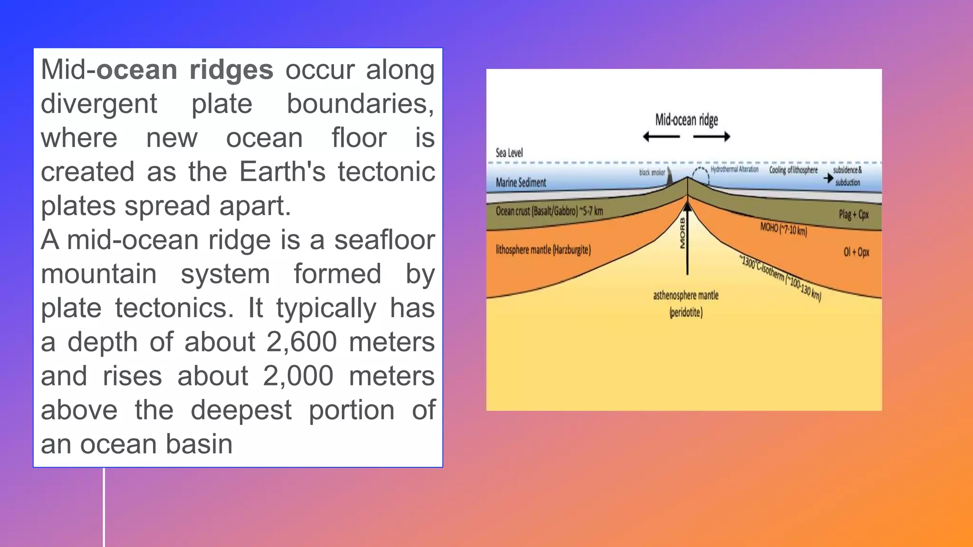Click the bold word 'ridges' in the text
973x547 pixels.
pyautogui.click(x=231, y=70)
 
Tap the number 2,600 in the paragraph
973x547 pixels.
pyautogui.click(x=302, y=342)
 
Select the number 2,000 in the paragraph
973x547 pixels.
pyautogui.click(x=298, y=376)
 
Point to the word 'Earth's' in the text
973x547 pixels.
pyautogui.click(x=282, y=172)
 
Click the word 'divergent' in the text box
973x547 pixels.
pyautogui.click(x=99, y=104)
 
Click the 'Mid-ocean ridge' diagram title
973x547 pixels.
pyautogui.click(x=686, y=120)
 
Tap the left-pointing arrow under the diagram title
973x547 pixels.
pyautogui.click(x=661, y=137)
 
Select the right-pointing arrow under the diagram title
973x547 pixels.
pyautogui.click(x=712, y=137)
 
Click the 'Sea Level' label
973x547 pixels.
pyautogui.click(x=509, y=153)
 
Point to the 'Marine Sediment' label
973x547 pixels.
pyautogui.click(x=521, y=182)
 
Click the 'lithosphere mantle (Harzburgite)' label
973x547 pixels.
pyautogui.click(x=543, y=250)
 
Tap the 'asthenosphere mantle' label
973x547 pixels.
pyautogui.click(x=686, y=296)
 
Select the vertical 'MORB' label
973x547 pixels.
pyautogui.click(x=683, y=233)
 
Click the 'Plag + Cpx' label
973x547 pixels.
pyautogui.click(x=853, y=215)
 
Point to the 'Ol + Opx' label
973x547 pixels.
pyautogui.click(x=856, y=252)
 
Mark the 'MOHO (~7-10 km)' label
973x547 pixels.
pyautogui.click(x=783, y=229)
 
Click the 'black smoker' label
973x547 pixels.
pyautogui.click(x=652, y=172)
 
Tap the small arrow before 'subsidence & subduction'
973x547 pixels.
pyautogui.click(x=828, y=178)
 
